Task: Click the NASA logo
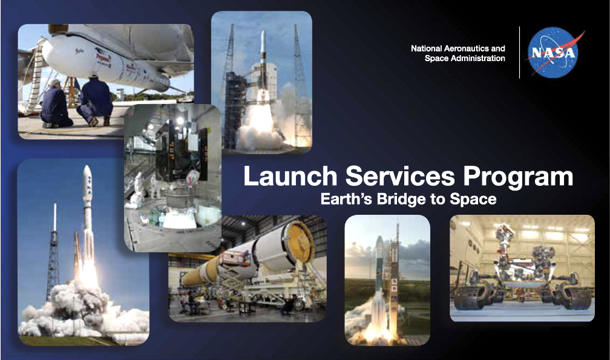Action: click(x=553, y=53)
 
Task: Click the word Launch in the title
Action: click(x=290, y=176)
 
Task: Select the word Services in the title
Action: click(x=400, y=176)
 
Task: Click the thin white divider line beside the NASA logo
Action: click(x=519, y=53)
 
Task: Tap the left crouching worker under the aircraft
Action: click(x=56, y=104)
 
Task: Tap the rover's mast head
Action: click(x=504, y=232)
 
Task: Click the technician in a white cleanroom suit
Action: click(x=138, y=191)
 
